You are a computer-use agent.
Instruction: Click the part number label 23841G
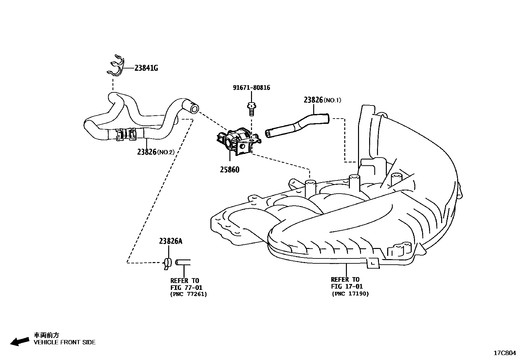(146, 68)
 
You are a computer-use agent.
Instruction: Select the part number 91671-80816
(251, 88)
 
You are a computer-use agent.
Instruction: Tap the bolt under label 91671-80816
(251, 108)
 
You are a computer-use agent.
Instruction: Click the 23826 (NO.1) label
(322, 100)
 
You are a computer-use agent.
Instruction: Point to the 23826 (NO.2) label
(156, 152)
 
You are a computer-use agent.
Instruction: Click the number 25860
(229, 170)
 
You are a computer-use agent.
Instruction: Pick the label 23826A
(170, 241)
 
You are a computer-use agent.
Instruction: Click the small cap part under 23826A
(168, 262)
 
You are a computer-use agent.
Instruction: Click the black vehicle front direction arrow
(19, 341)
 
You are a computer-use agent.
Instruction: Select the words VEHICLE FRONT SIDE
(65, 342)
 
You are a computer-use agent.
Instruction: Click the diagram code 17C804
(504, 353)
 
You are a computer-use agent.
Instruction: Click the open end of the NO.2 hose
(194, 108)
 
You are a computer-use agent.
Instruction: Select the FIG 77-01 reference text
(186, 287)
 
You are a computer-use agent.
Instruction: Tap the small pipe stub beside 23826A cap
(183, 262)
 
